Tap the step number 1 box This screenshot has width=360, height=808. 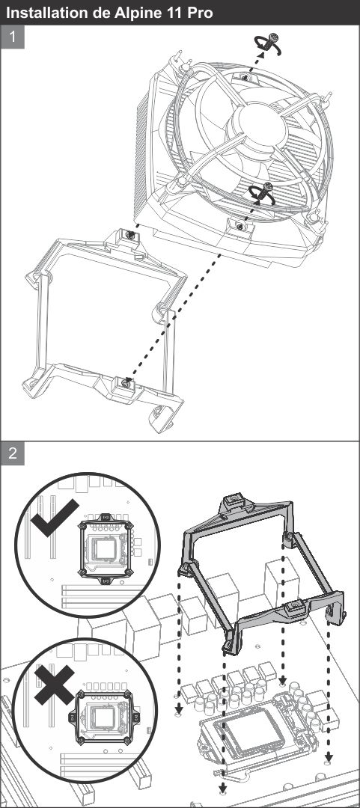[13, 37]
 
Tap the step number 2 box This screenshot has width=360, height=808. [13, 453]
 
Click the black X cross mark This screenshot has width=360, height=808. [54, 685]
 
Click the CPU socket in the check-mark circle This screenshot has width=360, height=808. [106, 548]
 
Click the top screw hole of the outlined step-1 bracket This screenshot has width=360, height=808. [130, 235]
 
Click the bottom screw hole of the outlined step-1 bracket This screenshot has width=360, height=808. [126, 383]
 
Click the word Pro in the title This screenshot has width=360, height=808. [199, 13]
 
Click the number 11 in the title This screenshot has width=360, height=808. [174, 13]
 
